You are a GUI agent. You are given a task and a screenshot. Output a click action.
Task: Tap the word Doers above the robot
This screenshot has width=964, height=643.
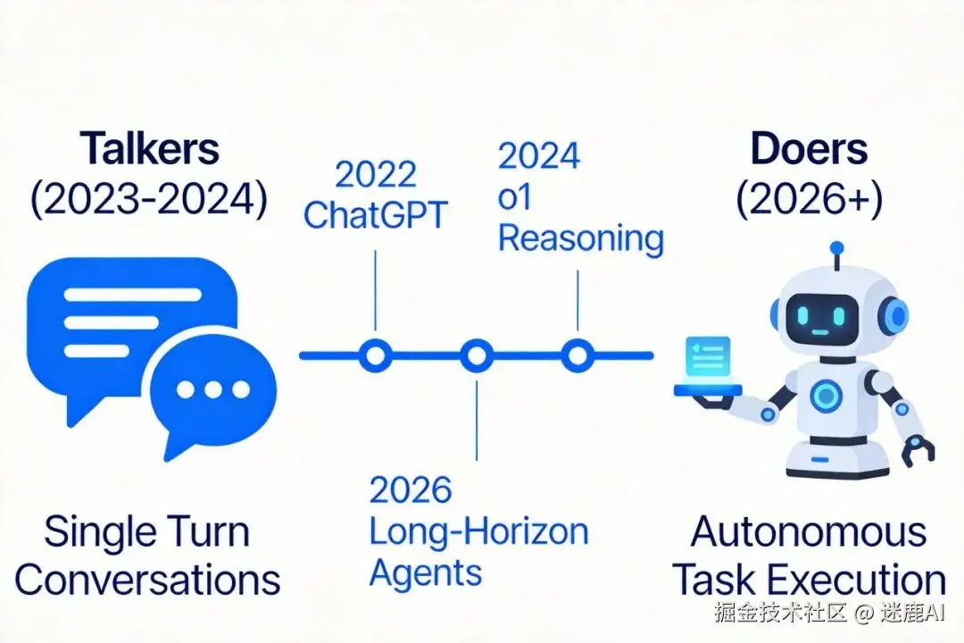(x=809, y=149)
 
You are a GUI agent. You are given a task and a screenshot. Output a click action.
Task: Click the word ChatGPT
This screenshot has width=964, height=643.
(x=375, y=216)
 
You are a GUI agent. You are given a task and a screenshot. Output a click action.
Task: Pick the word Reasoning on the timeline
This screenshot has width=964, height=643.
(x=580, y=238)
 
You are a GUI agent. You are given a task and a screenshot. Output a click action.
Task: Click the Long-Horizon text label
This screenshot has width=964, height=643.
(x=478, y=531)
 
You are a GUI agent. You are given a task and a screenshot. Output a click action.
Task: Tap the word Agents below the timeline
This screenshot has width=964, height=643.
(x=425, y=571)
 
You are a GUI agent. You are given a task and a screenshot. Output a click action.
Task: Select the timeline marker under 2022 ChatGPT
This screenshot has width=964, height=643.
(x=375, y=355)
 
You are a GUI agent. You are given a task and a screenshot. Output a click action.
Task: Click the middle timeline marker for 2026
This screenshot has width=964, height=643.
(x=477, y=355)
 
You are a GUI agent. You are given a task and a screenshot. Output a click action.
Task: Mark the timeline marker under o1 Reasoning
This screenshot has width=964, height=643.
(x=578, y=355)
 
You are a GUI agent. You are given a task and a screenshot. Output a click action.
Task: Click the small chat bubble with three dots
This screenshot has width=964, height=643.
(x=212, y=391)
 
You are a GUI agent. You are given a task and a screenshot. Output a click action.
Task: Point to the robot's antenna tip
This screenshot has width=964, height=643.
(x=835, y=247)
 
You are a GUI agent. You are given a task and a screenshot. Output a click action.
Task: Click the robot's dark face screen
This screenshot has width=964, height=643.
(x=822, y=313)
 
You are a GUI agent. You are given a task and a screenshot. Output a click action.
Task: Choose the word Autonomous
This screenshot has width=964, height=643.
(x=809, y=533)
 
